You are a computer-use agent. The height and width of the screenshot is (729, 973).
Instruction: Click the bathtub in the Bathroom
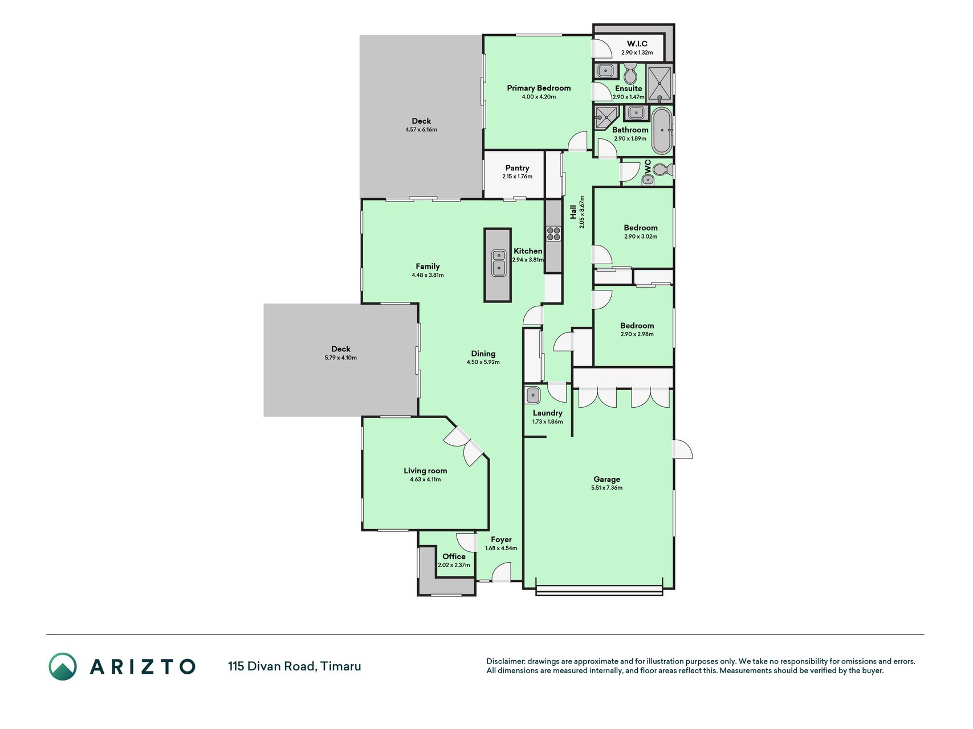click(x=662, y=130)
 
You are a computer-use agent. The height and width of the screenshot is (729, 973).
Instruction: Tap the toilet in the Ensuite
click(x=630, y=73)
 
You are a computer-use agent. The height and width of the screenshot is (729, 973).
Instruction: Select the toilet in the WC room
click(x=662, y=170)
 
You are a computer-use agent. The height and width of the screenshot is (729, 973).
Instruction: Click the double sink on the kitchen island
click(x=498, y=263)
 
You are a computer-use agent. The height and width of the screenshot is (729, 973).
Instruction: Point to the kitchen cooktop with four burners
click(x=553, y=234)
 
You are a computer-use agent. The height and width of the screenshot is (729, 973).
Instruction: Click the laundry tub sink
click(x=533, y=395)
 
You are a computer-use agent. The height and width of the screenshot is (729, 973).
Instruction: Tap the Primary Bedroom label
click(x=539, y=88)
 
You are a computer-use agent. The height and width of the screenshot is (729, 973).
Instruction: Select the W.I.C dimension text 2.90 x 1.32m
click(x=637, y=52)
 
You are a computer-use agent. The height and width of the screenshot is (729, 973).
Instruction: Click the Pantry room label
click(x=518, y=168)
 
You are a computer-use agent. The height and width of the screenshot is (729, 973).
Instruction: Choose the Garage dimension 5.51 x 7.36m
click(x=607, y=488)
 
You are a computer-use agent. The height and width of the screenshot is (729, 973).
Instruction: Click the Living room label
click(x=425, y=470)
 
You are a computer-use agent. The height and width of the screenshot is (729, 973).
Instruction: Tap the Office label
click(x=454, y=556)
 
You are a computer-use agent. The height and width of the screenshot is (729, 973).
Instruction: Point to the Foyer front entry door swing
click(x=502, y=572)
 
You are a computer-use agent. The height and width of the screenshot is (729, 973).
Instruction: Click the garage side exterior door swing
click(x=683, y=449)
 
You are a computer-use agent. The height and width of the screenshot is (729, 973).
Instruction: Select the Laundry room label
click(x=548, y=413)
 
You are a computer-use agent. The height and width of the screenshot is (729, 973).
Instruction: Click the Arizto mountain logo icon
click(x=63, y=666)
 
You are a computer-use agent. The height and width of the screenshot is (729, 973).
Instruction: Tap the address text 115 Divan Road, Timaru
click(x=295, y=666)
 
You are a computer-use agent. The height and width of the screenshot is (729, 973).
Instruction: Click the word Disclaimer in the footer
click(x=506, y=661)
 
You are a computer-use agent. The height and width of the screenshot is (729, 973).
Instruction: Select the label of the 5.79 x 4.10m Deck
click(x=341, y=349)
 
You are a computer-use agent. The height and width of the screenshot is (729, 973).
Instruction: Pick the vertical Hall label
click(x=573, y=212)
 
